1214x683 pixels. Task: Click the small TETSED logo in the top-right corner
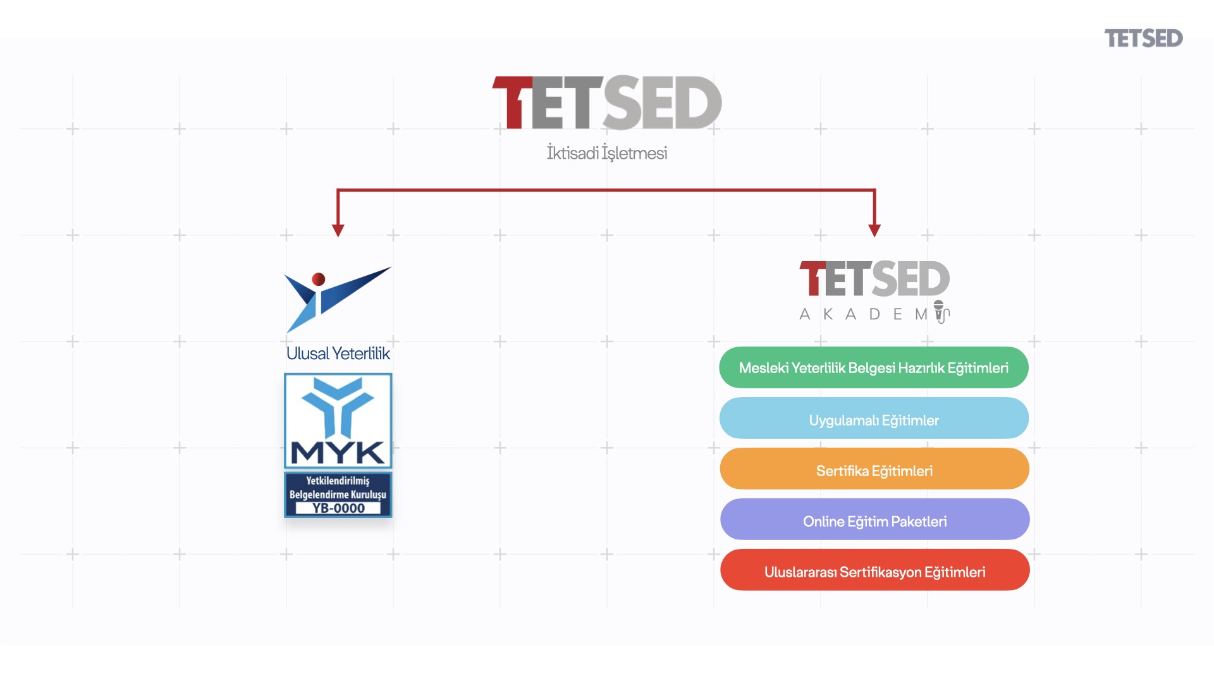click(x=1143, y=39)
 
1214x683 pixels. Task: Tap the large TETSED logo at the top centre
click(x=607, y=103)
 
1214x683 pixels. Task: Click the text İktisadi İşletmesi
click(x=607, y=153)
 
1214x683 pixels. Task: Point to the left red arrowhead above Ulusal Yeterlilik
click(x=338, y=230)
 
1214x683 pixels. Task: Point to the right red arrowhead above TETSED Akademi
click(x=874, y=230)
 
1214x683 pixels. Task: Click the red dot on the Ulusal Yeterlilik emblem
click(x=319, y=279)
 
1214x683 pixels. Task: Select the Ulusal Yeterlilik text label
click(x=338, y=354)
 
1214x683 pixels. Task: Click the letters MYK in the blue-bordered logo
click(x=338, y=452)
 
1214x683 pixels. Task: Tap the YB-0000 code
click(x=338, y=508)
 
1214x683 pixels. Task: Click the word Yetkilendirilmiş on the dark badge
click(x=338, y=481)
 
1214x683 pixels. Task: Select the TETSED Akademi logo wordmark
click(x=874, y=280)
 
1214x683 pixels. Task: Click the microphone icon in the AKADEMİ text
click(x=940, y=312)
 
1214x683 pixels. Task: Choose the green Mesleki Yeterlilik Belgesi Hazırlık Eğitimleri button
click(x=874, y=367)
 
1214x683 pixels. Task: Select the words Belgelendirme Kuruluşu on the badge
click(x=338, y=495)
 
